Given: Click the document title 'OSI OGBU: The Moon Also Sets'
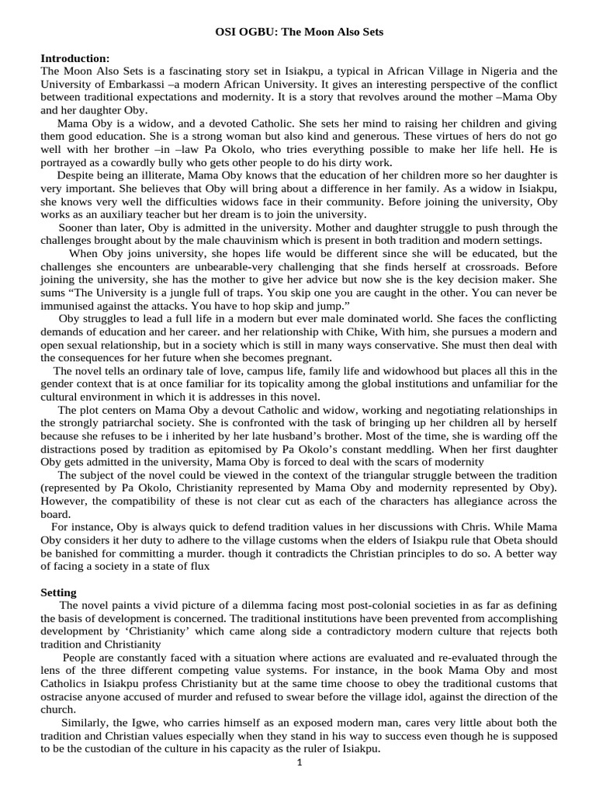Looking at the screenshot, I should [x=298, y=33].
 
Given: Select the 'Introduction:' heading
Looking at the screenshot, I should [x=75, y=58].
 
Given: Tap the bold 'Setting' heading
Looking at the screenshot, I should [x=58, y=592].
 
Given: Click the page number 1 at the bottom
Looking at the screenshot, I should [x=299, y=762].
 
